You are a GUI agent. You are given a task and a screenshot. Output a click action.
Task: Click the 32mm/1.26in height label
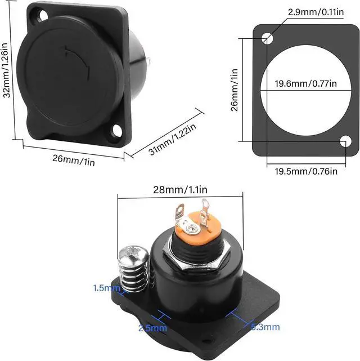6,70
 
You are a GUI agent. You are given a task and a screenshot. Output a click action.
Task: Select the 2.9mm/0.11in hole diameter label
316,12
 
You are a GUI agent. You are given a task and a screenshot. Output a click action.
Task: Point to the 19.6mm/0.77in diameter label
306,83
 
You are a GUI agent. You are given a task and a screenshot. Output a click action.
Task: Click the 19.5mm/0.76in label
306,171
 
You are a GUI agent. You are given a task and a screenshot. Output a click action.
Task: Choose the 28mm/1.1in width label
180,190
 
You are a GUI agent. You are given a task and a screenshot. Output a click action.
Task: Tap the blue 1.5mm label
106,288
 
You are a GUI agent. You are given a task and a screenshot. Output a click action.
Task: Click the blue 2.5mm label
152,328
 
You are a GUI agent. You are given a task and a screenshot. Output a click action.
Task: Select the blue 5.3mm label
265,327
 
